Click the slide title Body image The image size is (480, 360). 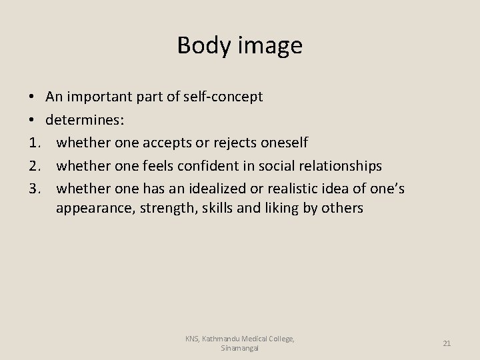[240, 45]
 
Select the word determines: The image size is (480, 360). [80, 120]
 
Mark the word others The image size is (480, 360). [341, 209]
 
